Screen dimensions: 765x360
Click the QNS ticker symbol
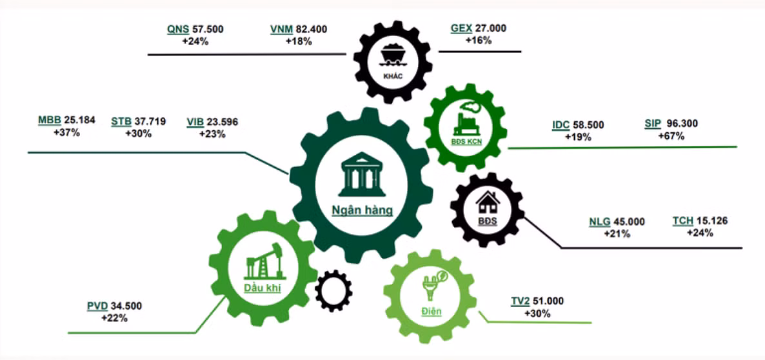click(178, 29)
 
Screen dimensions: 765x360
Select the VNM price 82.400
click(312, 29)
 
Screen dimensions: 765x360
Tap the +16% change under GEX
click(479, 41)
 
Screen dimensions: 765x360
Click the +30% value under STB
click(139, 134)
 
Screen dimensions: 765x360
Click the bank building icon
click(361, 171)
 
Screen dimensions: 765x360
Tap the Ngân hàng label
click(362, 211)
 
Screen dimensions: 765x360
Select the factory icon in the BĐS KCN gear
click(466, 119)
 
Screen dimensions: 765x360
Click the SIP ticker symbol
click(652, 125)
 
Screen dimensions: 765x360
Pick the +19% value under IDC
click(578, 137)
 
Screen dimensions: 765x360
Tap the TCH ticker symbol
click(682, 221)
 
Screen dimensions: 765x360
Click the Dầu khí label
click(263, 288)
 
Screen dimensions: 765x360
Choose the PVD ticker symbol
click(97, 306)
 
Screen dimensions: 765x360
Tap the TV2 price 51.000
click(548, 301)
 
